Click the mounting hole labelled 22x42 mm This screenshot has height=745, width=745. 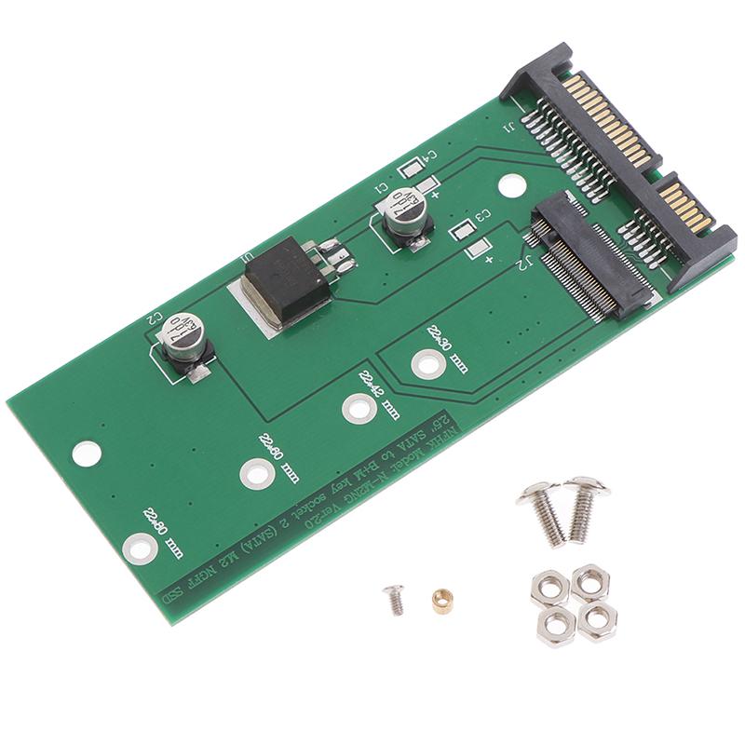coord(357,406)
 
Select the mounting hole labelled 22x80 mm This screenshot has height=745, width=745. coord(137,548)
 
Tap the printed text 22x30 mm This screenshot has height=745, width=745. coord(448,344)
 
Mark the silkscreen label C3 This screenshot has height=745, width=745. coord(481,215)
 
